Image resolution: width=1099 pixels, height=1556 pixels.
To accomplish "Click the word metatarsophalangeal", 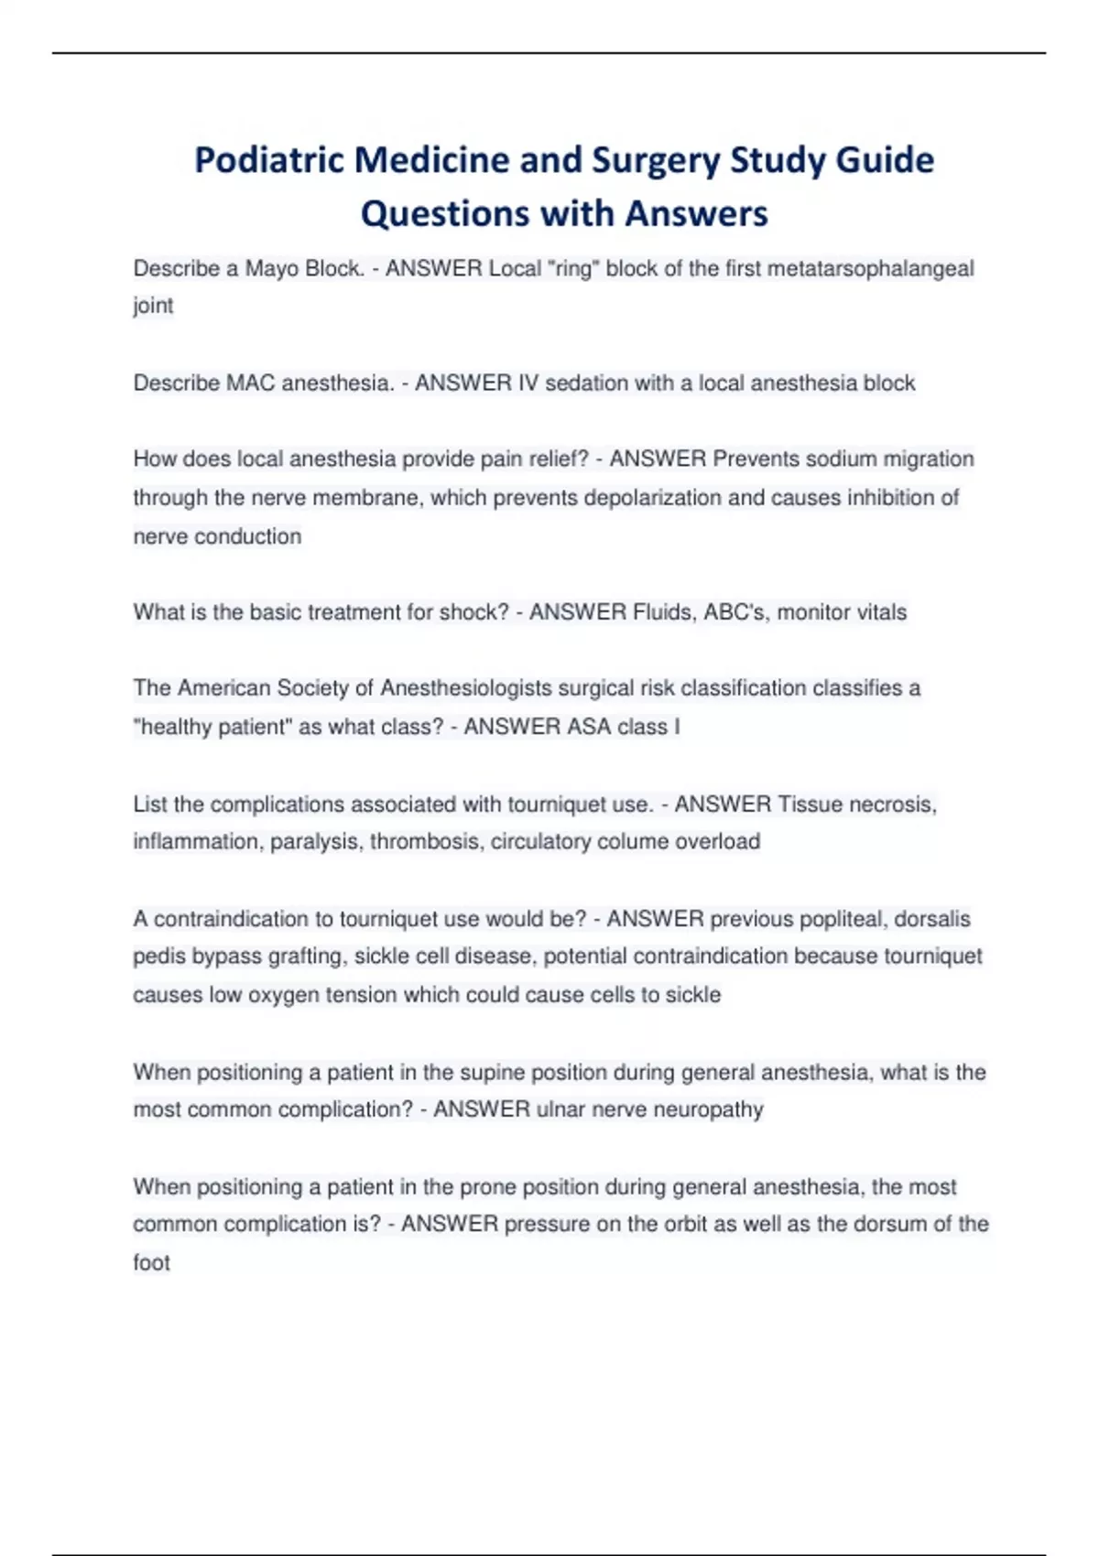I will pos(870,269).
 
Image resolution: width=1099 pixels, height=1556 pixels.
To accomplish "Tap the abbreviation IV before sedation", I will pos(528,383).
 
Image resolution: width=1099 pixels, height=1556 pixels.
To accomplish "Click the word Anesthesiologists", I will pos(466,688).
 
